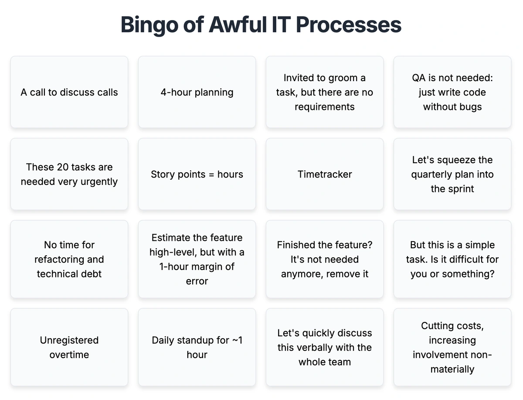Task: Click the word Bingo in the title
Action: point(149,25)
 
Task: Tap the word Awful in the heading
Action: point(238,24)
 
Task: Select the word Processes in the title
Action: point(349,24)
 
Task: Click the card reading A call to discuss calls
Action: point(69,92)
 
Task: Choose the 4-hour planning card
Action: point(197,92)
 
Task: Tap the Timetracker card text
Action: point(325,174)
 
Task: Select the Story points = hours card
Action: point(197,174)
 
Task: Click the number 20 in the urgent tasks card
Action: point(63,167)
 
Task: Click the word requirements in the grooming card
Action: point(325,107)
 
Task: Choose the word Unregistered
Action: point(69,340)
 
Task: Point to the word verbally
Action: point(315,348)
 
